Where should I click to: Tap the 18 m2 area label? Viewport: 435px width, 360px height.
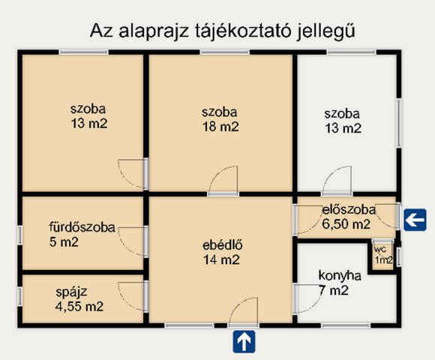point(220,127)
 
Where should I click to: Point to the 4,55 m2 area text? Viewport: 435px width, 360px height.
point(79,306)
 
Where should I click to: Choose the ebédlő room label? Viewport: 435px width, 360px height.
point(220,245)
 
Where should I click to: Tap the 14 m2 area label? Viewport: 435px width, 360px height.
point(220,260)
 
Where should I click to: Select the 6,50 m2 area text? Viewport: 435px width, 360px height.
point(346,223)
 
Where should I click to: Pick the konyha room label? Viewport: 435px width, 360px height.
point(340,275)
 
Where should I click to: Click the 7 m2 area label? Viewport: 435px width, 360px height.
point(334,290)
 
